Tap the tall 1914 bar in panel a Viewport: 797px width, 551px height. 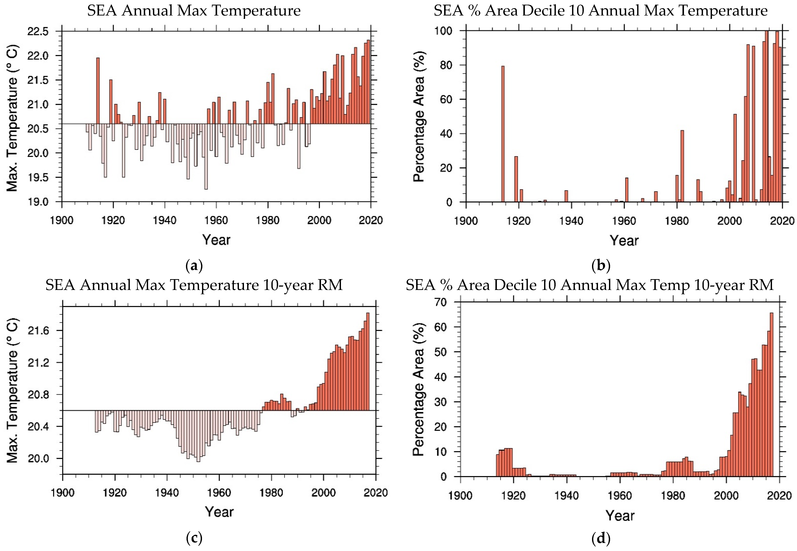click(98, 90)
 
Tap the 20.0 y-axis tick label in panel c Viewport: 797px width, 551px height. click(39, 458)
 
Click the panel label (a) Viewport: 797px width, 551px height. click(194, 266)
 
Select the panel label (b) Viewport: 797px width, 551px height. click(601, 266)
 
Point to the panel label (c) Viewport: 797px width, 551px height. click(194, 538)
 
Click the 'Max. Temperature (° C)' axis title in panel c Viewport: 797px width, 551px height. click(12, 390)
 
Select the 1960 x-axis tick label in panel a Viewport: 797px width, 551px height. click(216, 220)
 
